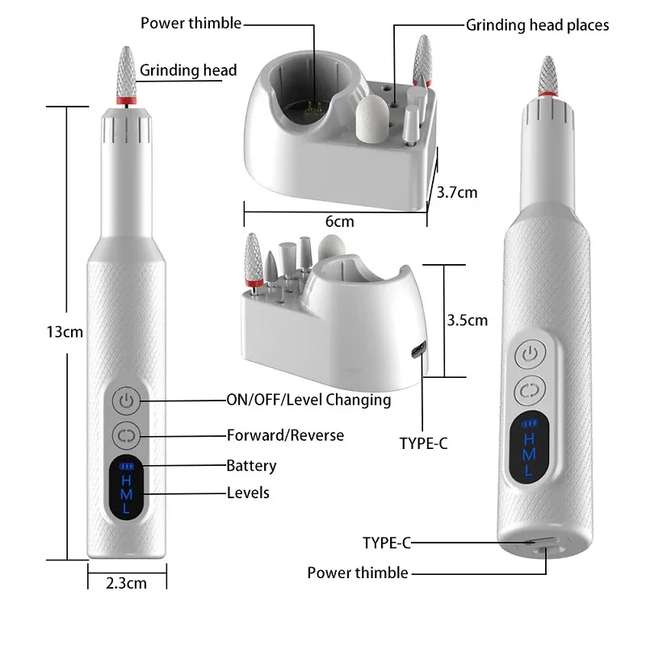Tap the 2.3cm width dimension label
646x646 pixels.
point(126,582)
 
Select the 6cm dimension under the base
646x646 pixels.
point(339,220)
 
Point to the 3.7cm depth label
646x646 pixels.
point(457,192)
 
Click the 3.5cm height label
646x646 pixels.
point(467,320)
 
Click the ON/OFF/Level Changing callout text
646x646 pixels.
point(308,400)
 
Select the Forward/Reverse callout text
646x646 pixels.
point(284,435)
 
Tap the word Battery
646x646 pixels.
point(251,465)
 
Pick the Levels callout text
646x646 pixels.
point(248,492)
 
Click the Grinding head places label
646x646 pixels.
point(537,25)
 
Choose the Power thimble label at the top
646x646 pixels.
point(191,23)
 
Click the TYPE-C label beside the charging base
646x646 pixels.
point(424,443)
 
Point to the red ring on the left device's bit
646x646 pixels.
point(124,101)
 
